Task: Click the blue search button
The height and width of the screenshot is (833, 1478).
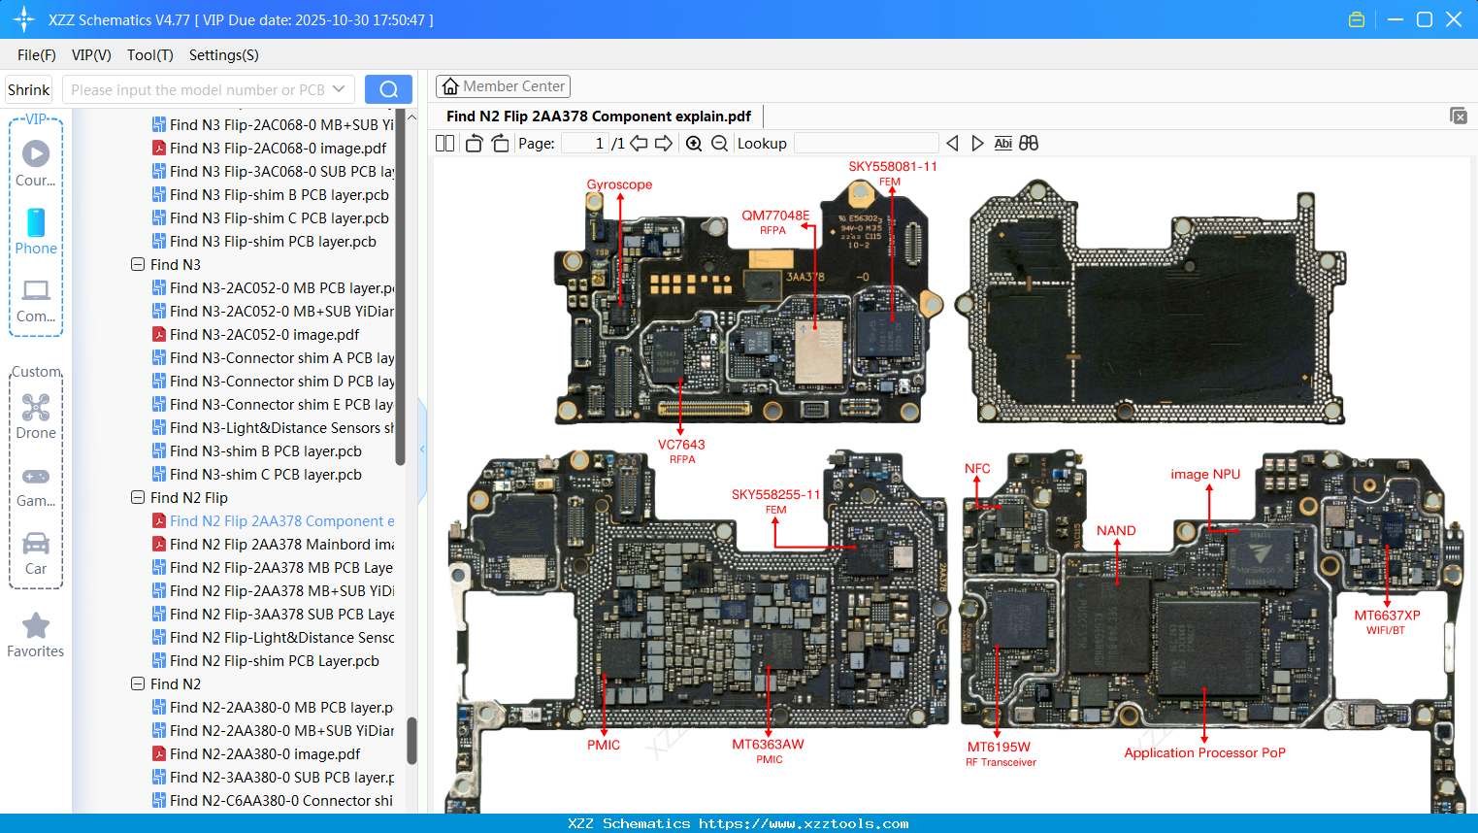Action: pyautogui.click(x=388, y=89)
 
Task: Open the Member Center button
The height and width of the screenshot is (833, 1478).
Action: pyautogui.click(x=503, y=86)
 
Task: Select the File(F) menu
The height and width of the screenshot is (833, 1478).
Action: pyautogui.click(x=37, y=55)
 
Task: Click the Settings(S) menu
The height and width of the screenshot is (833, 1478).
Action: pyautogui.click(x=223, y=55)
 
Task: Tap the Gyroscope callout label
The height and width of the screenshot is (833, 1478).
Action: pyautogui.click(x=619, y=184)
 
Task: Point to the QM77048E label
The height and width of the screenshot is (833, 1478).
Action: pyautogui.click(x=775, y=216)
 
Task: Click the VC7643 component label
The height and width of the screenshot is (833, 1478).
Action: pyautogui.click(x=681, y=445)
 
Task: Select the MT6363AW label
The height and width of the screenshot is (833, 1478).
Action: pyautogui.click(x=768, y=745)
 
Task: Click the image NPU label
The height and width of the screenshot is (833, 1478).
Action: pyautogui.click(x=1205, y=474)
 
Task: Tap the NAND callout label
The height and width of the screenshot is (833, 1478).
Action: pyautogui.click(x=1116, y=531)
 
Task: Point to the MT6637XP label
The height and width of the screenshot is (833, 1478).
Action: pyautogui.click(x=1387, y=616)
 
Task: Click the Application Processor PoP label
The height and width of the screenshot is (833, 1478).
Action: pyautogui.click(x=1204, y=752)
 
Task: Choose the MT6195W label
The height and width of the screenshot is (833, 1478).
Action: pyautogui.click(x=999, y=747)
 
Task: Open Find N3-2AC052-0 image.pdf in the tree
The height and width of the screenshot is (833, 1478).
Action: pyautogui.click(x=264, y=335)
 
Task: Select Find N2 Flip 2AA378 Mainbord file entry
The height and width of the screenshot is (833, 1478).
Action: pyautogui.click(x=281, y=545)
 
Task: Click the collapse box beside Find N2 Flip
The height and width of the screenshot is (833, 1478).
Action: pyautogui.click(x=138, y=498)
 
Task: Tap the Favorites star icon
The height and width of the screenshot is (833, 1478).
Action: pyautogui.click(x=36, y=626)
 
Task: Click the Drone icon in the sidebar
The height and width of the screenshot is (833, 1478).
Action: pyautogui.click(x=36, y=408)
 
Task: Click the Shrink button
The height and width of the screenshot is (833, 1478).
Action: pyautogui.click(x=29, y=90)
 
